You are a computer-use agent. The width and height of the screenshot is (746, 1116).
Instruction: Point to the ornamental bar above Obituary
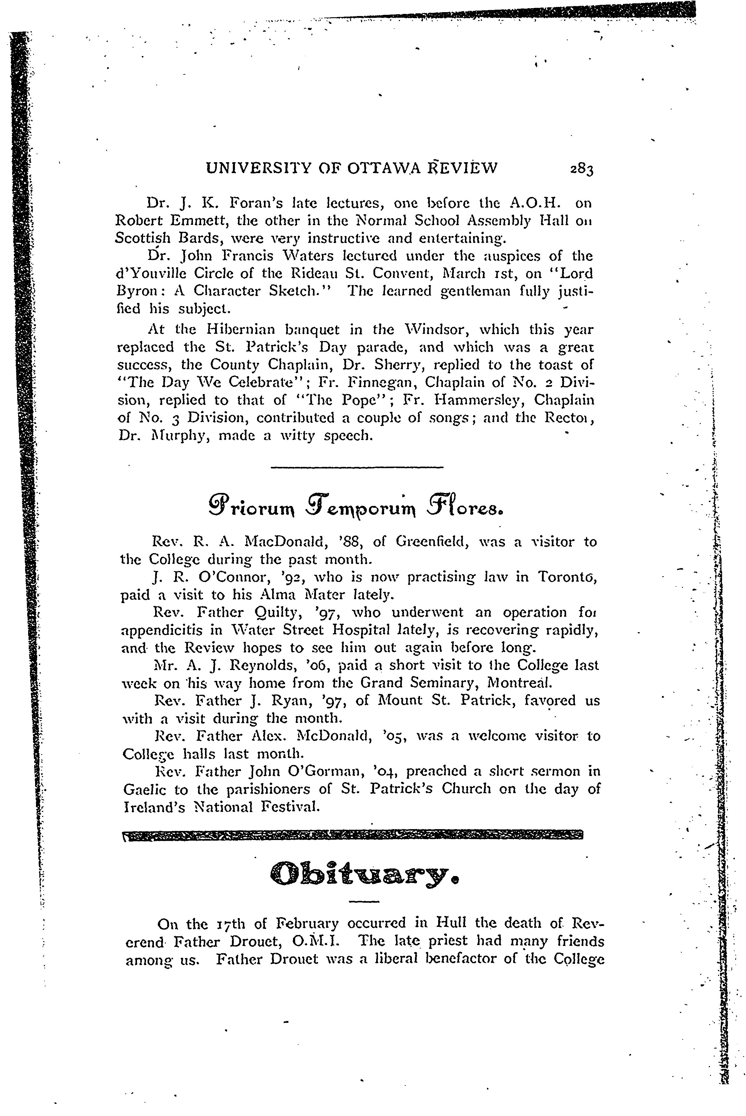coord(352,835)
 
